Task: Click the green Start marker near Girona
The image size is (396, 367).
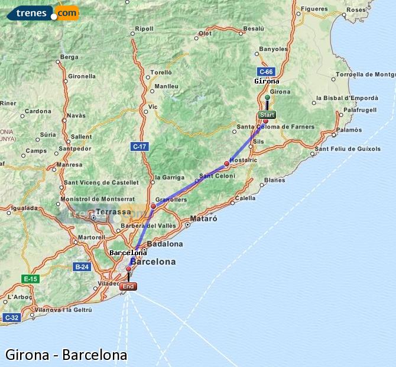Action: pos(267,114)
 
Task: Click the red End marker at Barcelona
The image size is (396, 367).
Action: pos(128,286)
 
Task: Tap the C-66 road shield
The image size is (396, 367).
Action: pos(265,72)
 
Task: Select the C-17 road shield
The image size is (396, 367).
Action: pos(139,146)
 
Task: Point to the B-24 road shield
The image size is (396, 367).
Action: pos(82,267)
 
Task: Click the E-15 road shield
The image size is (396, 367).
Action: pos(30,278)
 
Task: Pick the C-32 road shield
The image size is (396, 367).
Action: pos(11,318)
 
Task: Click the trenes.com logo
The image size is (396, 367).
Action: pos(43,12)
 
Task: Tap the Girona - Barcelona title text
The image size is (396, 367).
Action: pos(66,355)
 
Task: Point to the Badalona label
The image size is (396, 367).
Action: pos(164,243)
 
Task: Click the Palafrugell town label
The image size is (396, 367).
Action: pos(360,110)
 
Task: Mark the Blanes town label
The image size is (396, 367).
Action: pos(275,180)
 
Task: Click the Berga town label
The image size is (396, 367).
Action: pos(69,57)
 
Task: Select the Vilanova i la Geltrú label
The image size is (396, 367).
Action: pos(64,310)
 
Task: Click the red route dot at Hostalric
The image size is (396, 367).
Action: pos(226,163)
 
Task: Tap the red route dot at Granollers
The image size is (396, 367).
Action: pos(153,206)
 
